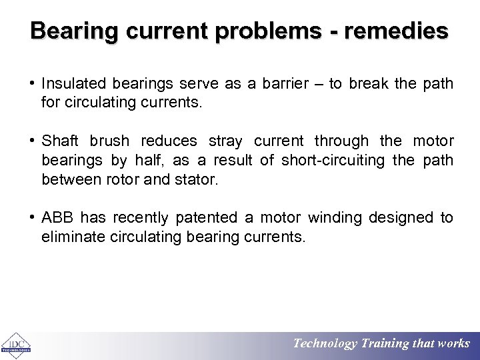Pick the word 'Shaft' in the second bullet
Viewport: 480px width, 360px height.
(x=60, y=141)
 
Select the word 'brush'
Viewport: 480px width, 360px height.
(x=110, y=141)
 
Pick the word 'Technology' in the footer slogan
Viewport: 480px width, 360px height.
(x=325, y=344)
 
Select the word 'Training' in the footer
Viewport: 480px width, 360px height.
(x=385, y=344)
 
